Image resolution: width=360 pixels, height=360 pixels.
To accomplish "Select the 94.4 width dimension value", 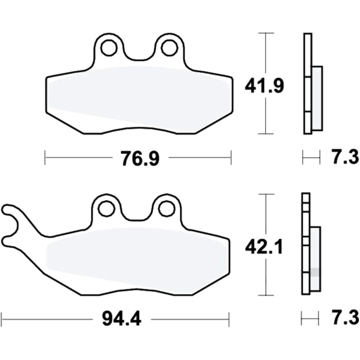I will [121, 319].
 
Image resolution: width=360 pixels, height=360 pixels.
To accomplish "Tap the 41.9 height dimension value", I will [264, 86].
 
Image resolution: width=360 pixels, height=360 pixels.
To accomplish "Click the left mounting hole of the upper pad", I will [108, 47].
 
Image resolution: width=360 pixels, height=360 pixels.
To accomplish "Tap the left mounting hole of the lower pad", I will [106, 208].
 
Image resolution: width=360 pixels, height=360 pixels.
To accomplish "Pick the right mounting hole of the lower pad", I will [166, 208].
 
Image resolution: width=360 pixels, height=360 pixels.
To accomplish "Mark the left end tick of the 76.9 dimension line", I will [45, 158].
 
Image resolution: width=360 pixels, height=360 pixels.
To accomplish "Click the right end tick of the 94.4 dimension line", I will [229, 319].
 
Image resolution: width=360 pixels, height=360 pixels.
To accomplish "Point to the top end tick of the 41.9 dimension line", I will [265, 33].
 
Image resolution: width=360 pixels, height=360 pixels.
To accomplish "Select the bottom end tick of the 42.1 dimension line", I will [265, 295].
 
